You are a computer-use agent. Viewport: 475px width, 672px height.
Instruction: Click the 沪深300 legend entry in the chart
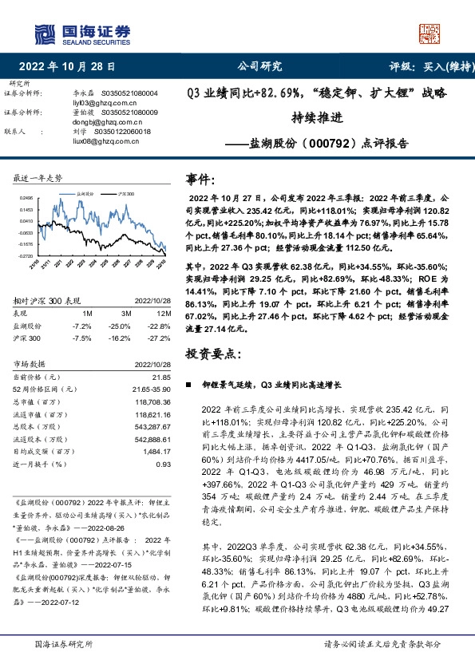tap(124, 193)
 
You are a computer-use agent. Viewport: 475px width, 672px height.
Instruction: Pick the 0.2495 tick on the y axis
tap(26, 197)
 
